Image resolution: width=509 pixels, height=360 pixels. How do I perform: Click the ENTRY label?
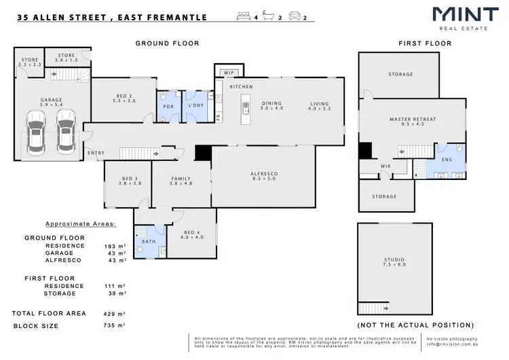click(96, 153)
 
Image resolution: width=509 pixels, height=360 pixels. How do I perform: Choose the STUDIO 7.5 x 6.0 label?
click(395, 263)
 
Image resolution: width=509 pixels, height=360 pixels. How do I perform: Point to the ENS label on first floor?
click(447, 160)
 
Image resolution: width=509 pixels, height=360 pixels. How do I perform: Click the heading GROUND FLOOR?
click(167, 43)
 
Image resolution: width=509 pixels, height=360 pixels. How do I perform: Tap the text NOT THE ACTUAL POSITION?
click(415, 325)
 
